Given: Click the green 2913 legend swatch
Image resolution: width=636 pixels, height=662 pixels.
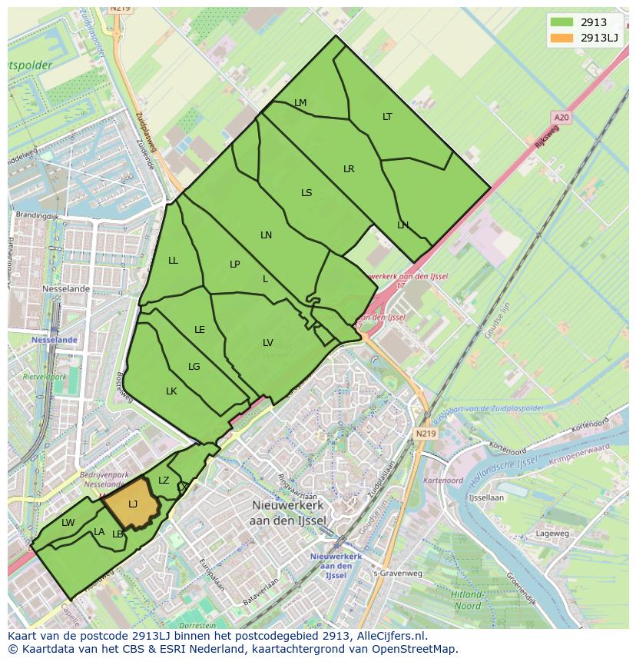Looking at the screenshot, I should (561, 22).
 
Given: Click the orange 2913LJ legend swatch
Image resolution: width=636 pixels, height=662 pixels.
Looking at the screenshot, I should (561, 38).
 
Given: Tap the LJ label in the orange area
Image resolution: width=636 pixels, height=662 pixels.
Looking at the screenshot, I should (132, 504).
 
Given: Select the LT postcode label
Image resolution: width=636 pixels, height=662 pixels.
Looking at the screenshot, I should (387, 117).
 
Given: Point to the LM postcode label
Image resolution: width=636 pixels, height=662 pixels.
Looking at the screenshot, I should (300, 103).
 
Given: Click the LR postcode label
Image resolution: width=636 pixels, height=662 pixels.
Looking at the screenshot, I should (349, 169).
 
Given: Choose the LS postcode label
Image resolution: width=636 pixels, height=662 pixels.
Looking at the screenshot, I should (306, 193).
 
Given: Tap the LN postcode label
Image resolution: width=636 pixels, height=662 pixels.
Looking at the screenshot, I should (266, 235).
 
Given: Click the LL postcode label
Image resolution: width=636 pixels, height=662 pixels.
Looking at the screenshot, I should (173, 261).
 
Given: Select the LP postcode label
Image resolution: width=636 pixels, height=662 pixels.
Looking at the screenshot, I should (235, 264).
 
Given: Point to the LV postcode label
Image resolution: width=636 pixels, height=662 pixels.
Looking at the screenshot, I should (268, 343).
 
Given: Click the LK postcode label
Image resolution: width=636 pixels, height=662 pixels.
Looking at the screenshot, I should (171, 391).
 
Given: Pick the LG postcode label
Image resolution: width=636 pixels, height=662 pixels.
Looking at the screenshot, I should (194, 367).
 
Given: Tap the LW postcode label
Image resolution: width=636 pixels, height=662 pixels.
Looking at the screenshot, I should (68, 523).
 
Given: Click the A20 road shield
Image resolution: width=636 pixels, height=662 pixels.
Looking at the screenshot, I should (561, 117).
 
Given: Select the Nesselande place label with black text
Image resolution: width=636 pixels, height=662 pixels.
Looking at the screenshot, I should (66, 289).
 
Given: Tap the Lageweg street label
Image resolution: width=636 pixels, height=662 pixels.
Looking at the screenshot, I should (552, 533).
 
